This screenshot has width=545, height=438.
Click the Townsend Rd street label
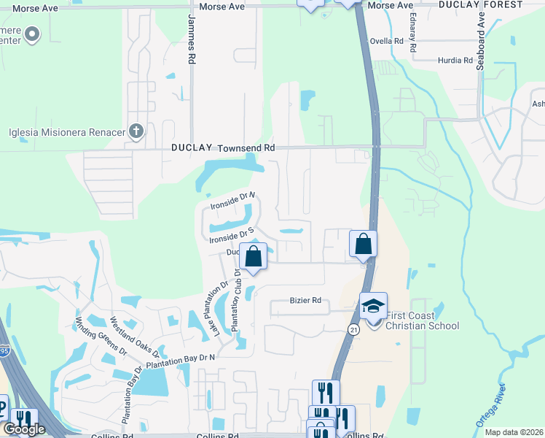coord(248,147)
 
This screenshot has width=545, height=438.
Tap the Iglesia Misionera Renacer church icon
coord(136,131)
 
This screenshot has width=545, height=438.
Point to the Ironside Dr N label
coord(232,201)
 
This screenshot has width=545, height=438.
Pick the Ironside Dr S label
coord(230,236)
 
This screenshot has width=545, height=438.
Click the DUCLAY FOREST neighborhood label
coord(481,4)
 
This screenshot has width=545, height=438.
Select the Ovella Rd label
coord(387,42)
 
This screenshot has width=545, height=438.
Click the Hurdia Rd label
coord(455,61)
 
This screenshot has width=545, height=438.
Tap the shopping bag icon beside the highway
coord(363,244)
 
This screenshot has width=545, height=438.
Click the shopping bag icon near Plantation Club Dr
coord(254,257)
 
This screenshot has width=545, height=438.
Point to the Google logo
coord(24,429)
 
